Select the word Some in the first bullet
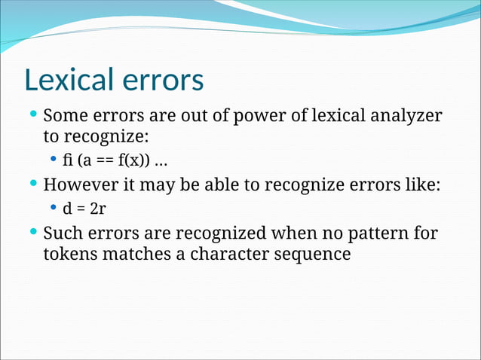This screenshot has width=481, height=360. (x=66, y=117)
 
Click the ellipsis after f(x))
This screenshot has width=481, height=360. (x=161, y=161)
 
